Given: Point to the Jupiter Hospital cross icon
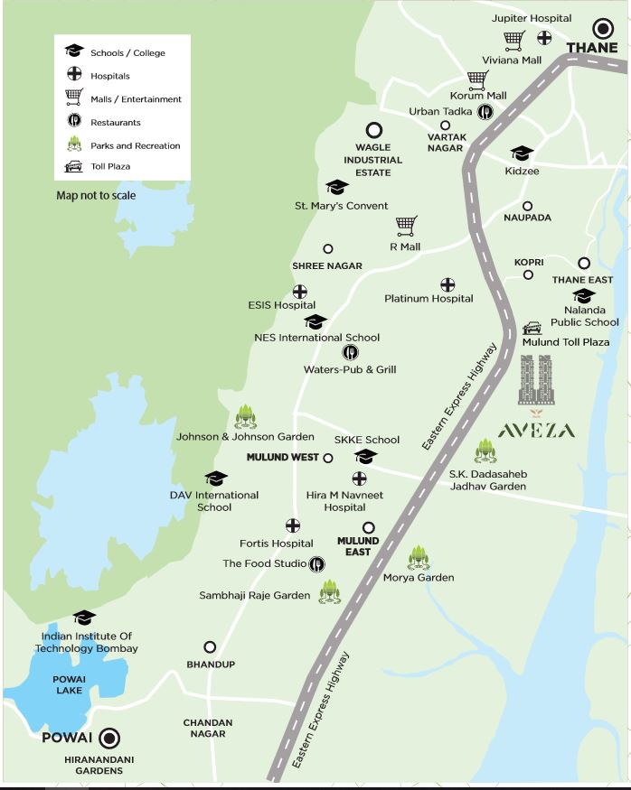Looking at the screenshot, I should coord(544,38).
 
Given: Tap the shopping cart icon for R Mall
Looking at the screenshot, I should coord(406,224).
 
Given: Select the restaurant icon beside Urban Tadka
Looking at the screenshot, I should coord(485,111).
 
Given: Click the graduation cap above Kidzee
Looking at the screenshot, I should coord(522,153).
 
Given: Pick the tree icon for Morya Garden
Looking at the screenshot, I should coord(418,557).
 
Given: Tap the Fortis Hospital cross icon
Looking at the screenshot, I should coord(293,525).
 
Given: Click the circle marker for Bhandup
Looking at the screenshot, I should coord(210,646).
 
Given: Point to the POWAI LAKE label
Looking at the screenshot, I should coord(69,684).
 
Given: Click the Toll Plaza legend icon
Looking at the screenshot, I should coord(73,167).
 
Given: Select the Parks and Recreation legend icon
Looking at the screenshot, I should coord(73,144).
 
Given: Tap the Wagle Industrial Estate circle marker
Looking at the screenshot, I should coord(373,131).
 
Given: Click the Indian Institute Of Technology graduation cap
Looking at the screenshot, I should coord(84,618).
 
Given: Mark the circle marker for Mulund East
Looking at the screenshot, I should coord(368,527).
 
